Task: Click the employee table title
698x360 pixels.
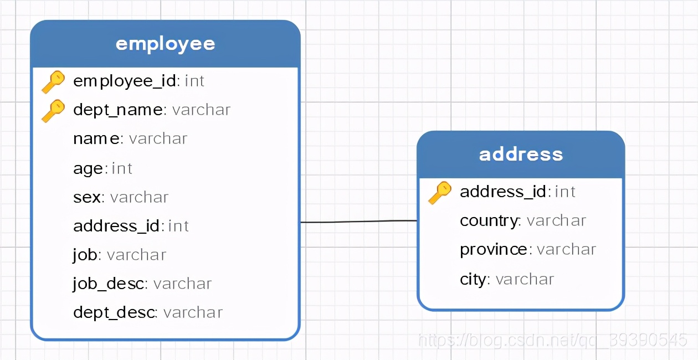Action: coord(165,44)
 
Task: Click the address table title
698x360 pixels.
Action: coord(521,154)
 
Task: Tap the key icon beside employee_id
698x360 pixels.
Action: coord(53,82)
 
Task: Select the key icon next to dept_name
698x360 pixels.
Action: coord(53,111)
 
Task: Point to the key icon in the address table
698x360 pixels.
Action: coord(440,193)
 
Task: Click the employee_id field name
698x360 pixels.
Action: coord(125,81)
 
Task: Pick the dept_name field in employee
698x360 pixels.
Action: coord(118,110)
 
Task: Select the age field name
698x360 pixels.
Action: coord(88,168)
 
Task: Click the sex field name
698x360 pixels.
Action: coord(87,197)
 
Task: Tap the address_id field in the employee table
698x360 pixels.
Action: coord(117,226)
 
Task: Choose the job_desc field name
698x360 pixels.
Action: coord(109,284)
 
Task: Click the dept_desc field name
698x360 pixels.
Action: coord(114,312)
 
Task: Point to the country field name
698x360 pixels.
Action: coord(489,220)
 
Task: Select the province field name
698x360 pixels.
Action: coord(494,249)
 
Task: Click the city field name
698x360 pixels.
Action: coord(473,279)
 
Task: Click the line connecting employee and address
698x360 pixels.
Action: coord(358,222)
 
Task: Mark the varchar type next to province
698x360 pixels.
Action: coord(566,249)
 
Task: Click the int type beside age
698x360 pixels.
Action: coord(122,168)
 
